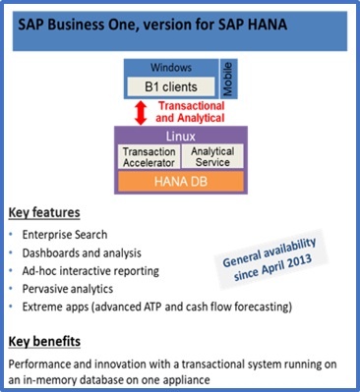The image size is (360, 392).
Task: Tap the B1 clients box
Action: [168, 86]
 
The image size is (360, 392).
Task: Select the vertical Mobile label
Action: [225, 79]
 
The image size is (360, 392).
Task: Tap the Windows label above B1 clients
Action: [168, 68]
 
